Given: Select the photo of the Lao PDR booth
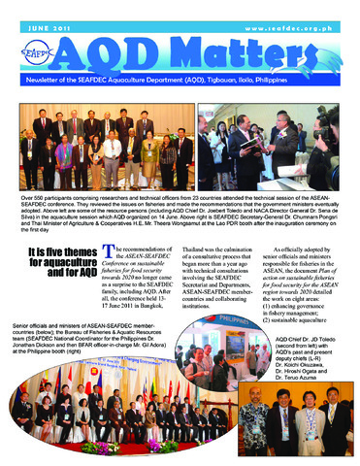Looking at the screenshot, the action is point(273,141).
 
